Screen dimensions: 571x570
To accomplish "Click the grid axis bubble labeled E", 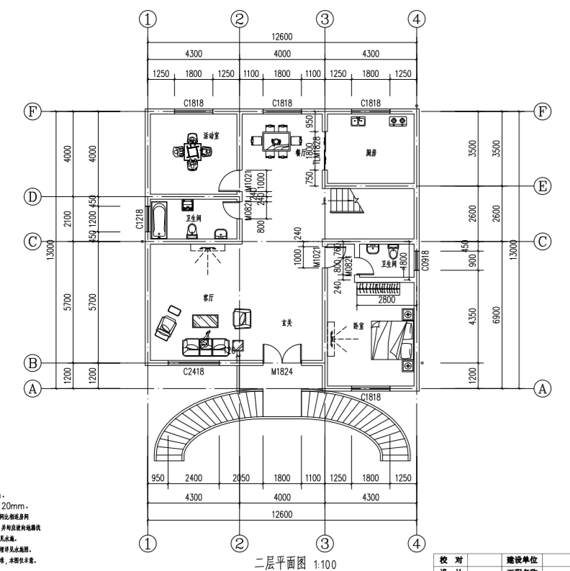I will coord(544,186).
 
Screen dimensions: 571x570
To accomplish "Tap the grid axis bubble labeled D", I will coord(31,196).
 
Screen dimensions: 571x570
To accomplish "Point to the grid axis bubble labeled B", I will coord(31,362).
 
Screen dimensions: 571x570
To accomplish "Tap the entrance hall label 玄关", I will coord(286,324).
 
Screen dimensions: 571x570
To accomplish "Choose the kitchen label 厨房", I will coord(371,153).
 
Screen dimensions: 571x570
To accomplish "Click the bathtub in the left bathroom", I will coord(158,219).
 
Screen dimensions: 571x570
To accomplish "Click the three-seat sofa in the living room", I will coord(204,346).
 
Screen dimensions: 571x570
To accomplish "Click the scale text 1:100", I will coord(324,564).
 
